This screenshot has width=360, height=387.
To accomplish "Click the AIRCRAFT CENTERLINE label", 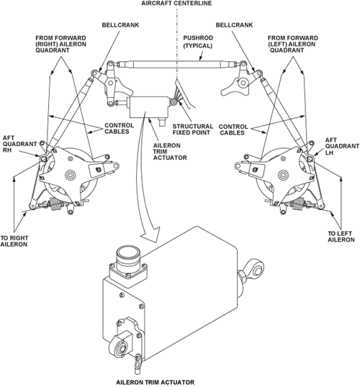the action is pyautogui.click(x=176, y=3).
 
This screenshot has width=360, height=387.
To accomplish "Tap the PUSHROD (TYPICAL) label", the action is pyautogui.click(x=198, y=42).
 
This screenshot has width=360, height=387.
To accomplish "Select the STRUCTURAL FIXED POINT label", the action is pyautogui.click(x=193, y=129).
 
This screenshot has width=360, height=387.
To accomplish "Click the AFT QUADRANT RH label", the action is pyautogui.click(x=19, y=144).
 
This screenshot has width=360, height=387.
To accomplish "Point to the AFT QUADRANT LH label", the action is pyautogui.click(x=342, y=146).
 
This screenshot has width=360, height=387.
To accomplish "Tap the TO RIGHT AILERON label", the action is pyautogui.click(x=14, y=241).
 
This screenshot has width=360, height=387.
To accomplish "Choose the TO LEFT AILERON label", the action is pyautogui.click(x=341, y=237).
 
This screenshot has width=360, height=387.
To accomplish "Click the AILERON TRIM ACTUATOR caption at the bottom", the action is pyautogui.click(x=156, y=382).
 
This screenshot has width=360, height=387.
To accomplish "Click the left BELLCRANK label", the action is pyautogui.click(x=120, y=25).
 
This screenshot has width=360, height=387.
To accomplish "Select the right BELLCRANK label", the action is pyautogui.click(x=234, y=25).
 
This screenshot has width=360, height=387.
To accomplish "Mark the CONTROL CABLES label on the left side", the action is pyautogui.click(x=119, y=128).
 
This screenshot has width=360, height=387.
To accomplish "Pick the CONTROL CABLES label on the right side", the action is pyautogui.click(x=233, y=129).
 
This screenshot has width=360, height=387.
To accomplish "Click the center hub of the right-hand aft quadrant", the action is pyautogui.click(x=70, y=176).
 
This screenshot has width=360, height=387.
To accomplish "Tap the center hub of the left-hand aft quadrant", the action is pyautogui.click(x=283, y=176).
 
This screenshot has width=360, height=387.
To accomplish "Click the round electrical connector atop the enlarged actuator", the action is pyautogui.click(x=128, y=257).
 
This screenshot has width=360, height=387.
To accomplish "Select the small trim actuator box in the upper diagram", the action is pyautogui.click(x=149, y=107).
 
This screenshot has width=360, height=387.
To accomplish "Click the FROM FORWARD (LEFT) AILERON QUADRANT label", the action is pyautogui.click(x=292, y=44).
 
